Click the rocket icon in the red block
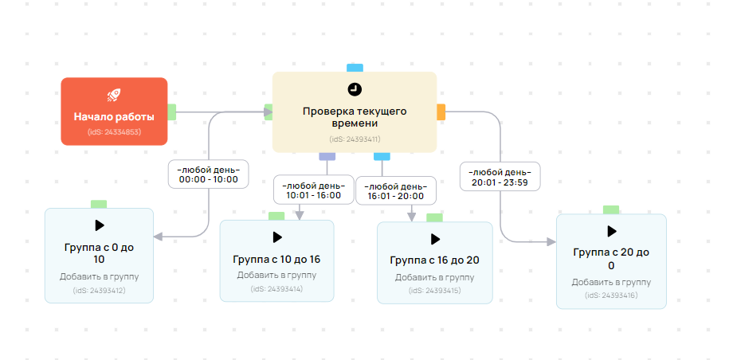114,95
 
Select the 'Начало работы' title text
114,116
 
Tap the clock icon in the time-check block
355,88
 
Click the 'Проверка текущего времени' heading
355,117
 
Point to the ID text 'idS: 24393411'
355,138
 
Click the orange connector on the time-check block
441,112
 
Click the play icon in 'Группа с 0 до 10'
100,225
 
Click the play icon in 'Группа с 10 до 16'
277,237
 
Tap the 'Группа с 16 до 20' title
434,260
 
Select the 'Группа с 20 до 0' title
611,258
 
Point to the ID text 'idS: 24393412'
100,291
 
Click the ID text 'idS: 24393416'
611,295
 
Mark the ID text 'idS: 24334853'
114,131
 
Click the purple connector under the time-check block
324,156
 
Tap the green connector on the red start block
171,112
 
